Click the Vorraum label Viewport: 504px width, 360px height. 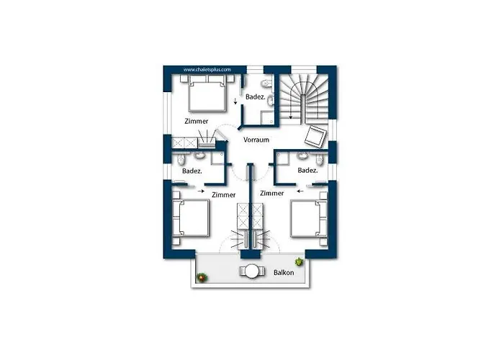[256, 140]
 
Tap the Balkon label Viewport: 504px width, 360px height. [284, 273]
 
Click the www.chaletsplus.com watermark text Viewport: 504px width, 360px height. [207, 69]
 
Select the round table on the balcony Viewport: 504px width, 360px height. [252, 271]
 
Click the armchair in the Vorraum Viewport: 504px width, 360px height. [315, 136]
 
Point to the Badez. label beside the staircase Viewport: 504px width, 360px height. [255, 96]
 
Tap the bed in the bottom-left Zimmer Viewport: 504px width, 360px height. [191, 218]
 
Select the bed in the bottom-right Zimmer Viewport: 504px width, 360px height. [309, 219]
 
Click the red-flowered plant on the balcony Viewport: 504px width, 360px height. [202, 277]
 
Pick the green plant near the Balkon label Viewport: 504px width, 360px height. [300, 261]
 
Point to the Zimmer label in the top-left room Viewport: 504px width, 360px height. [197, 121]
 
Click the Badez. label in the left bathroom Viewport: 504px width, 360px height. [192, 171]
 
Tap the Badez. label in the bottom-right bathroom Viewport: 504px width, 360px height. [307, 171]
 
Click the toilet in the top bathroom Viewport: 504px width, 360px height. [267, 84]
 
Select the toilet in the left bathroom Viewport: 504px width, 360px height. [181, 158]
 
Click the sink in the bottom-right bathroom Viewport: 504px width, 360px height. [302, 156]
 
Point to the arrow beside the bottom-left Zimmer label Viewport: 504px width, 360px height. [201, 192]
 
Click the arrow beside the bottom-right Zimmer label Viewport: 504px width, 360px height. [300, 192]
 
